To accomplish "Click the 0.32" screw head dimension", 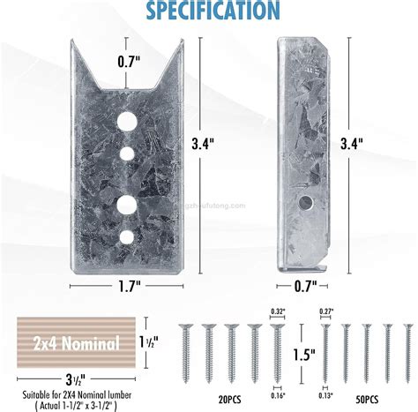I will coord(276,311).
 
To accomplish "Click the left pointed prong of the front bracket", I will coord(83,57).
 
